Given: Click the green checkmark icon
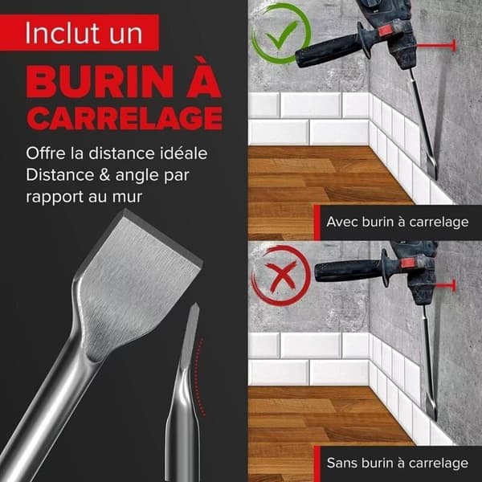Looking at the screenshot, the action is (281, 35).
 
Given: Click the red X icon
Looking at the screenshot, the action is (280, 276).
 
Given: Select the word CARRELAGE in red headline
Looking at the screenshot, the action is (125, 118).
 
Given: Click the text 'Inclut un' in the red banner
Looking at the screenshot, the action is (84, 33).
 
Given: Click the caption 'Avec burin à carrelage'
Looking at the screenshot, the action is (398, 222).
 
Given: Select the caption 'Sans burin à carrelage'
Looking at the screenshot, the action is (398, 463).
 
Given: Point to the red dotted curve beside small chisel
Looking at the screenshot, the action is (199, 378).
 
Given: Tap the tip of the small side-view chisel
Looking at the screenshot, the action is (195, 304).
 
